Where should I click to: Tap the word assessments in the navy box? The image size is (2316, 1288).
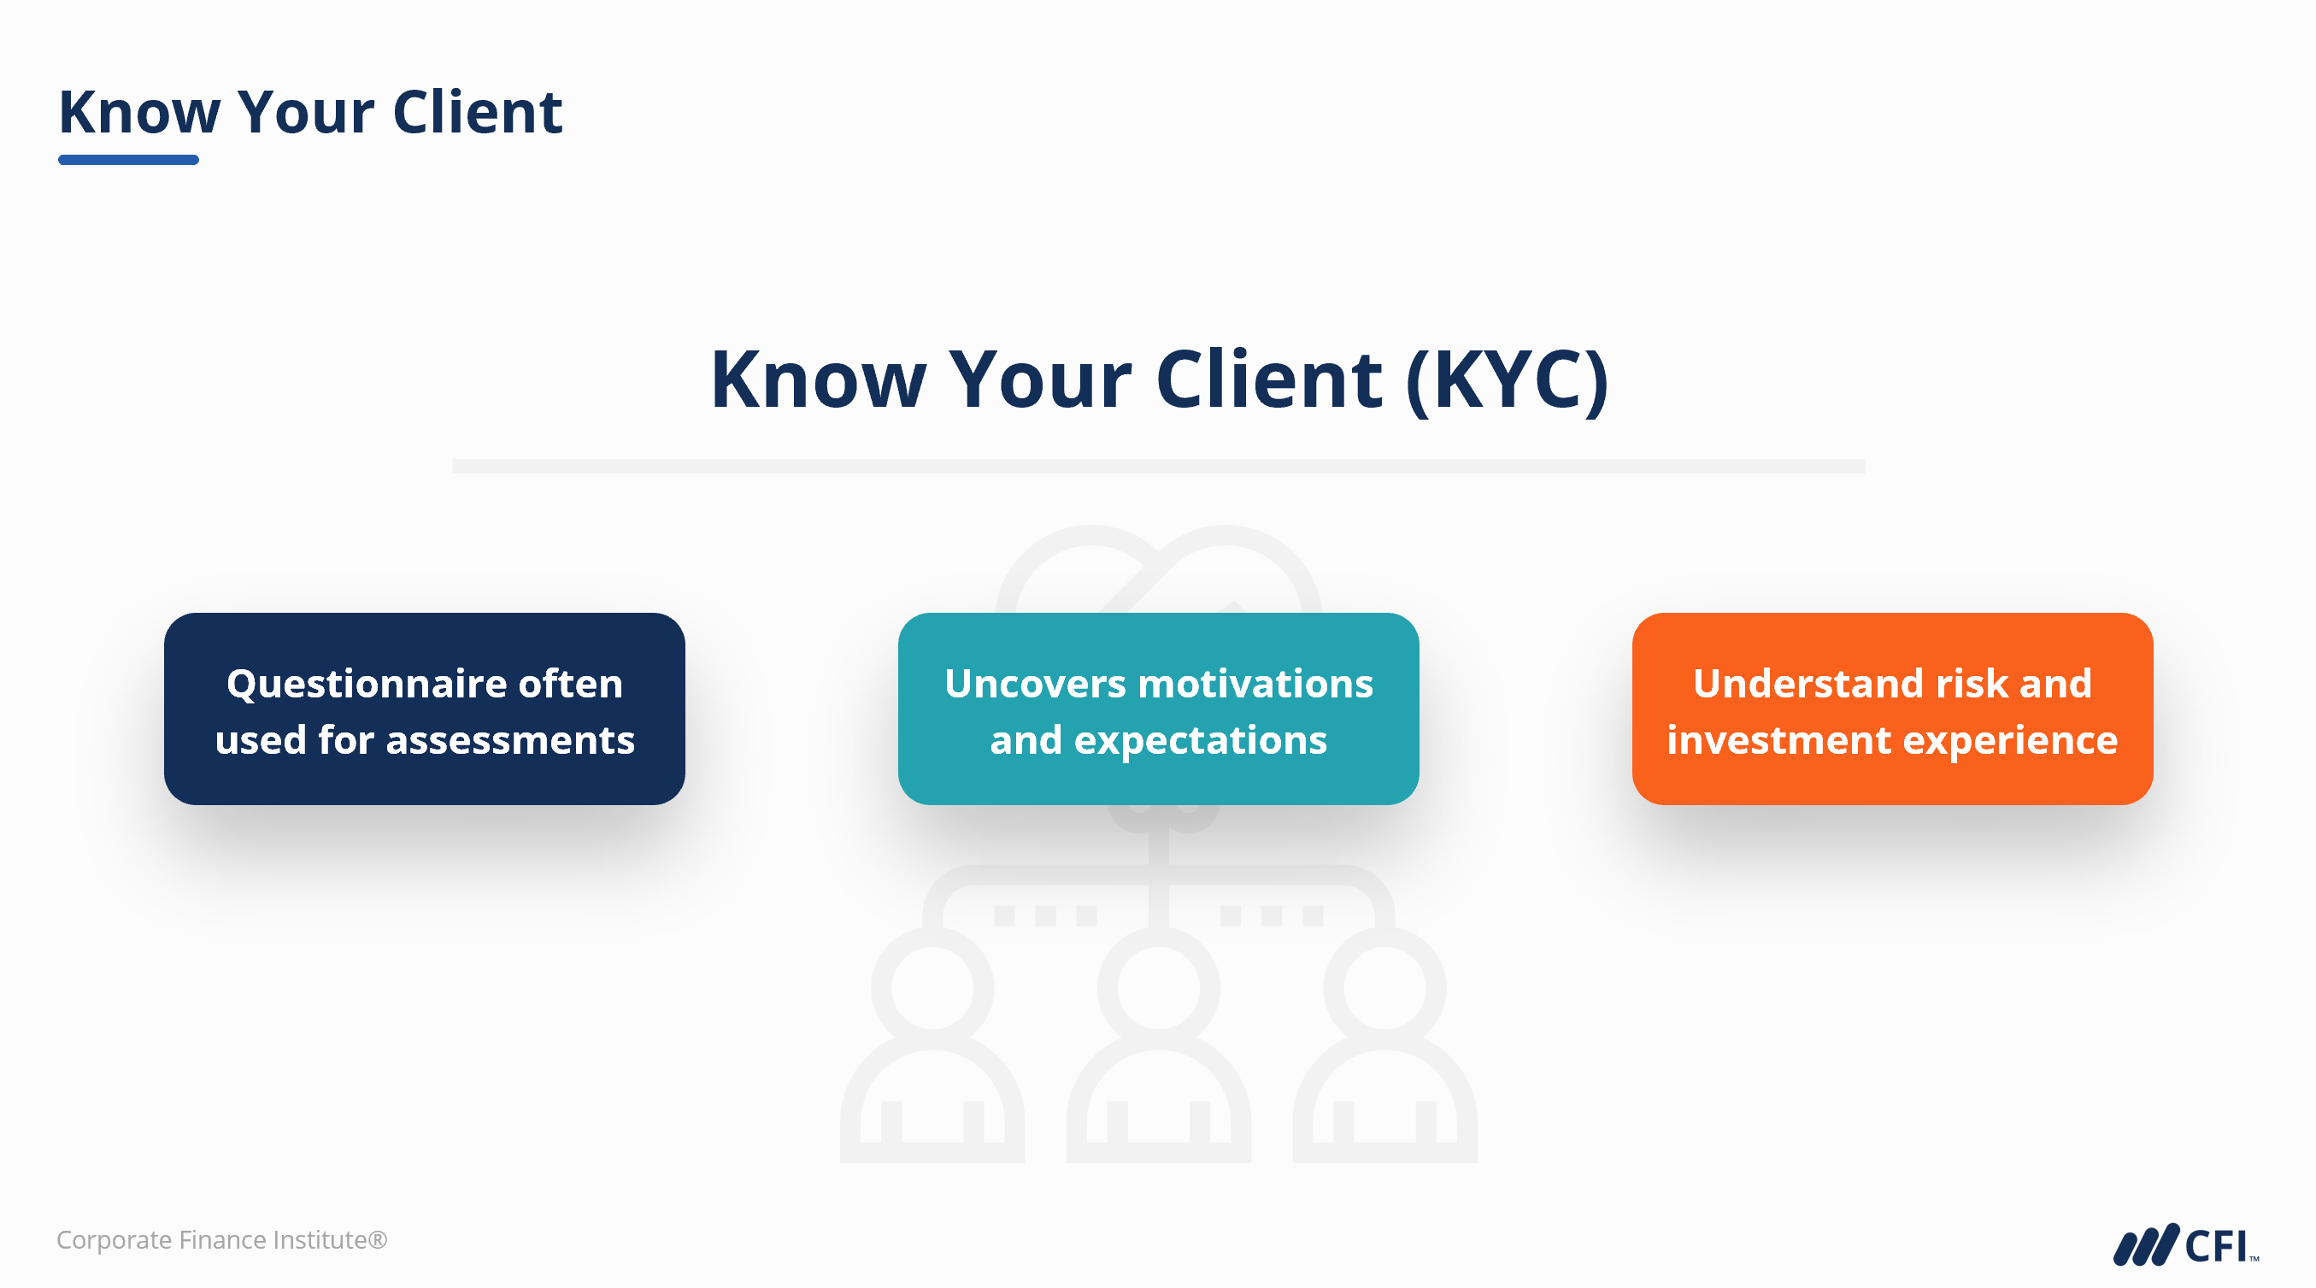pyautogui.click(x=522, y=740)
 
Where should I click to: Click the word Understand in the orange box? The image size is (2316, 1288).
pyautogui.click(x=1808, y=684)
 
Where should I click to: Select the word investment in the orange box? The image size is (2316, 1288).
pyautogui.click(x=1778, y=740)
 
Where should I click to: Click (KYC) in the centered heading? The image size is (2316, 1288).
pyautogui.click(x=1507, y=379)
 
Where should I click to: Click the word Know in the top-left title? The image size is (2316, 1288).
pyautogui.click(x=139, y=113)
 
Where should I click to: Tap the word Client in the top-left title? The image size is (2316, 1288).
pyautogui.click(x=478, y=113)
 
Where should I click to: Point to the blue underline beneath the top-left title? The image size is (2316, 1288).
pyautogui.click(x=128, y=160)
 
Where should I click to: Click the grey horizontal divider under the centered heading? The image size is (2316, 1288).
pyautogui.click(x=1158, y=466)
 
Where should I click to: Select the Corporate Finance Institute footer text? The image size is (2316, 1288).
pyautogui.click(x=221, y=1239)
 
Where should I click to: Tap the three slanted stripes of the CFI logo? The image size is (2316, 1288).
pyautogui.click(x=2146, y=1244)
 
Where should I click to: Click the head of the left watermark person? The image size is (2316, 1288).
pyautogui.click(x=932, y=988)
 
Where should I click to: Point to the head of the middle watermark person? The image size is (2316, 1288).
pyautogui.click(x=1158, y=988)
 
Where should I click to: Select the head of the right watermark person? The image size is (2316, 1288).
pyautogui.click(x=1384, y=988)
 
